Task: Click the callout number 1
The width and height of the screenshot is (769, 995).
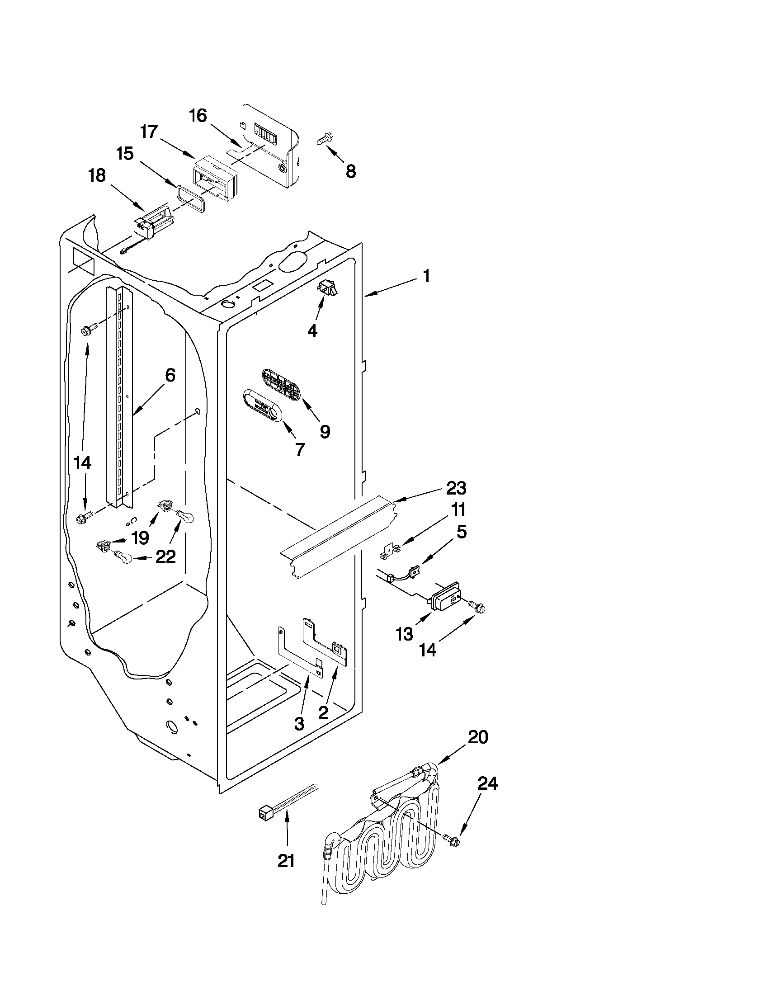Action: click(x=426, y=277)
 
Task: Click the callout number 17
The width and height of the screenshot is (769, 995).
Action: click(x=149, y=132)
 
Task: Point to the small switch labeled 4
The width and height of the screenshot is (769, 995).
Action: click(x=327, y=288)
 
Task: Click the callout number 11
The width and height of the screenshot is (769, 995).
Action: click(x=458, y=509)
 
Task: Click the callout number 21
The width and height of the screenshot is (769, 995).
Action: click(x=286, y=861)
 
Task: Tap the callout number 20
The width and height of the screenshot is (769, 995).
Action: click(x=477, y=737)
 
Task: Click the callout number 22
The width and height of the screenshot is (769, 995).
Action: click(x=165, y=557)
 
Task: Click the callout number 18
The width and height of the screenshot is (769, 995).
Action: click(x=97, y=175)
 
